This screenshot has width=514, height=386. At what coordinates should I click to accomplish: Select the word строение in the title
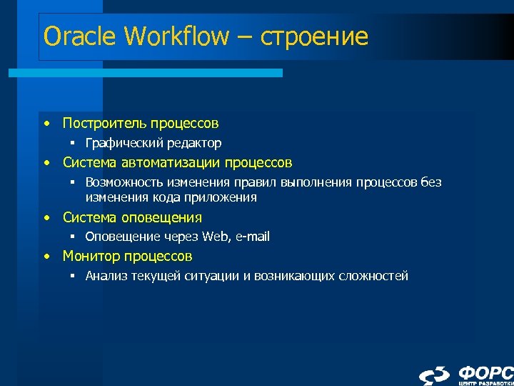[x=315, y=36]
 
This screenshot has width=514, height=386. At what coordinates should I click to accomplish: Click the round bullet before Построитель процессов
[x=46, y=124]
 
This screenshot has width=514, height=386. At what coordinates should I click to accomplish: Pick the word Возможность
[x=121, y=182]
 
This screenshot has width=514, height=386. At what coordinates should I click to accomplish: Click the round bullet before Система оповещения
[x=46, y=217]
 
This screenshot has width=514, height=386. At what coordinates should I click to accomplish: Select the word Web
[x=213, y=237]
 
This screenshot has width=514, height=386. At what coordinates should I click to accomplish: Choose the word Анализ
[x=106, y=276]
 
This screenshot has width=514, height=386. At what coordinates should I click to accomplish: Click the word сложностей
[x=374, y=276]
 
